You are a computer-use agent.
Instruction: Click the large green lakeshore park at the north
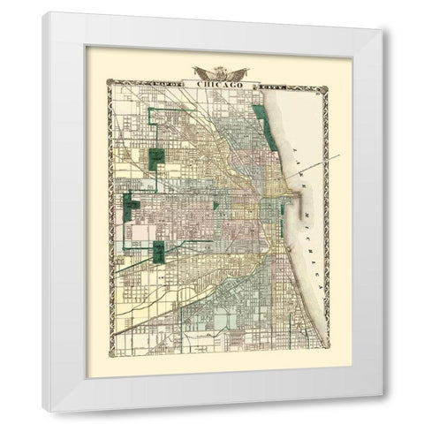coord(261,124)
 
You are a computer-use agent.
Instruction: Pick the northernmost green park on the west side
coord(156,158)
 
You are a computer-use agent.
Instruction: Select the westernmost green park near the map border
coord(132,206)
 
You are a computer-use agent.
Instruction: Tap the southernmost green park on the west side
coord(159,252)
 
